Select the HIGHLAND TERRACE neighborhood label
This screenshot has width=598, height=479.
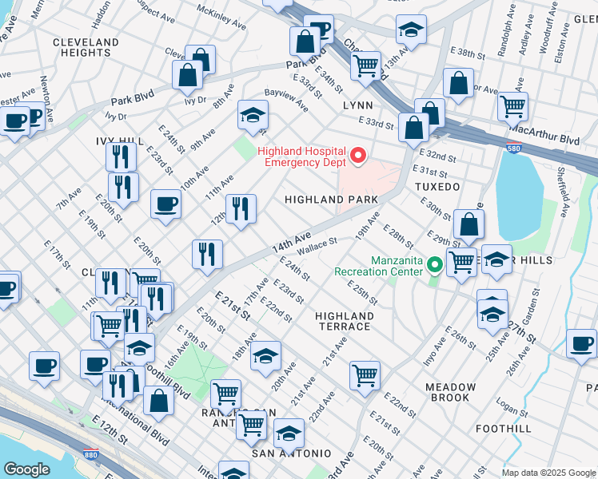pyautogui.click(x=345, y=322)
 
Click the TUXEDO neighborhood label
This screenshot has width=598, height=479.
pyautogui.click(x=437, y=186)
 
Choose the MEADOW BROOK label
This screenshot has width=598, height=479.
pyautogui.click(x=451, y=392)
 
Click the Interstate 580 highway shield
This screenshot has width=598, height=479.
pyautogui.click(x=514, y=148)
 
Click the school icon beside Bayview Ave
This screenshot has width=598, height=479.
pyautogui.click(x=253, y=117)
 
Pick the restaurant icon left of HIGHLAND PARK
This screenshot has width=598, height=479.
pyautogui.click(x=241, y=209)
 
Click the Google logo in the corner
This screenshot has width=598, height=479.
pyautogui.click(x=26, y=469)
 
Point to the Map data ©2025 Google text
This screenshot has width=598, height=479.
pyautogui.click(x=548, y=472)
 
